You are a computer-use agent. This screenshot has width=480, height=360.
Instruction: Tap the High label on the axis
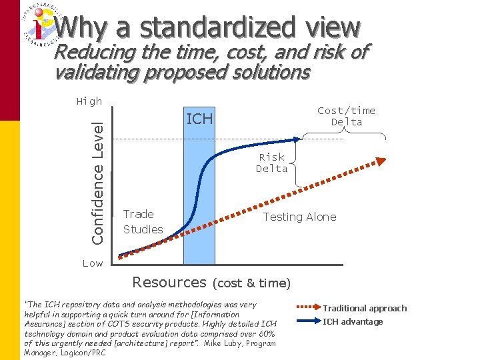click(x=89, y=101)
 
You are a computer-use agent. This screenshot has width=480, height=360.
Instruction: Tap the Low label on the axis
click(x=93, y=263)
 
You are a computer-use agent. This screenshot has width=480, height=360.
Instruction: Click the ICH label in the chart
click(x=199, y=119)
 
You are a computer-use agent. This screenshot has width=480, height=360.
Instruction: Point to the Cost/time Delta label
click(x=346, y=116)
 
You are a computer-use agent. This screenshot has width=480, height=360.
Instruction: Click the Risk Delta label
click(x=272, y=163)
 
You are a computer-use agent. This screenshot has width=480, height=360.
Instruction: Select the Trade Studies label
click(x=142, y=221)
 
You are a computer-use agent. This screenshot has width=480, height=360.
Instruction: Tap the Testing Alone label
click(x=299, y=217)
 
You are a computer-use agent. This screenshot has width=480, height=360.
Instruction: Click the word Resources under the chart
click(x=169, y=282)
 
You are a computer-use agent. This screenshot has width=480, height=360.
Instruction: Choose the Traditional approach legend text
click(x=365, y=309)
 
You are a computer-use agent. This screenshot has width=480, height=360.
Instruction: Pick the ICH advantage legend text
click(x=353, y=322)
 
